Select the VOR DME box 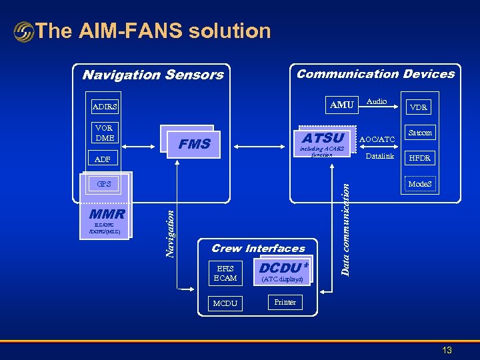click(x=104, y=133)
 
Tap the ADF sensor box click(x=103, y=159)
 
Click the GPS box click(x=104, y=184)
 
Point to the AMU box click(x=341, y=105)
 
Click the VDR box click(x=419, y=107)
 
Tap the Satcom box click(x=419, y=133)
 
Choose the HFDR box click(x=419, y=158)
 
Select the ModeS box click(x=419, y=184)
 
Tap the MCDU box click(x=225, y=303)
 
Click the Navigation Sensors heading click(x=153, y=75)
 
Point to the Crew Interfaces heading click(x=258, y=248)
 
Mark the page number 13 click(x=447, y=350)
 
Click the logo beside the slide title click(x=24, y=31)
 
